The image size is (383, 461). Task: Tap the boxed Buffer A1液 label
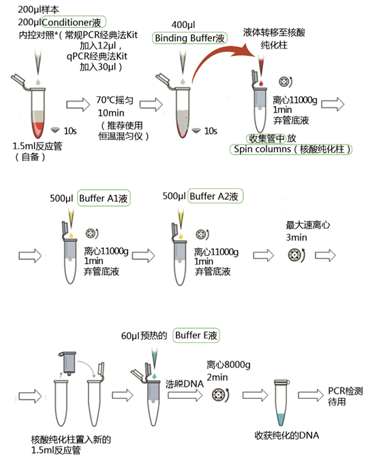pos(104,198)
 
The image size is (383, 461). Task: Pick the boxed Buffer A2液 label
pos(215,196)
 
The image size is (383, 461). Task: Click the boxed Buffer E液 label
pos(196,336)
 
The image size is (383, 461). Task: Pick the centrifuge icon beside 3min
pos(297,256)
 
